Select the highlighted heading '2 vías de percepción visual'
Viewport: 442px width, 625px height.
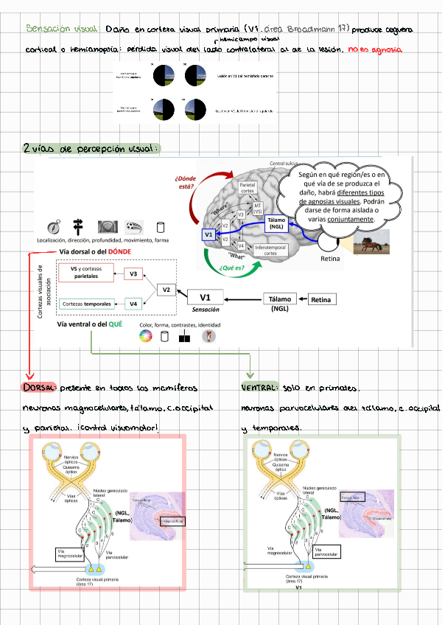(90, 149)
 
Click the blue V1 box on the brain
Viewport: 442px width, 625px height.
(208, 234)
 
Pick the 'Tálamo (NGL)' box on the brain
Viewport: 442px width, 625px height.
(277, 223)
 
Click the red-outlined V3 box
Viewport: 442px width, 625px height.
(133, 274)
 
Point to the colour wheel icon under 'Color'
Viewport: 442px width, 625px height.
(145, 337)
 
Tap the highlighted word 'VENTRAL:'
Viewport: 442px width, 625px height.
(259, 387)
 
